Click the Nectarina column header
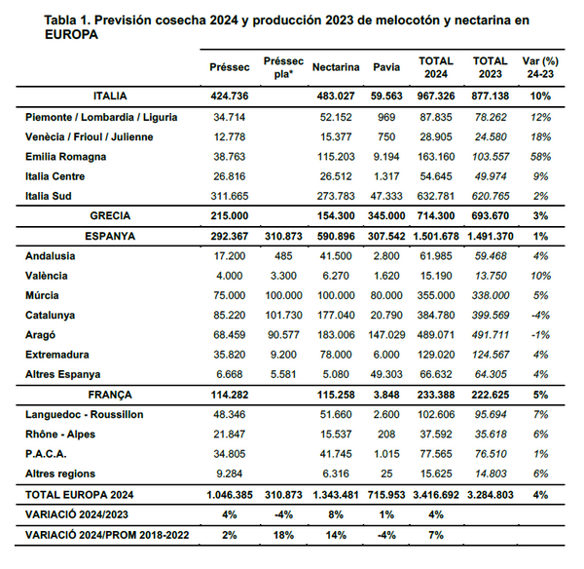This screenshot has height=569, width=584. [337, 68]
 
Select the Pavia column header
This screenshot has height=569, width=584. [386, 68]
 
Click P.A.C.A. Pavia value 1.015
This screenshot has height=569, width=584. [386, 454]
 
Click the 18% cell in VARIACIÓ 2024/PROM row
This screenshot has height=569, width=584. [284, 535]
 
